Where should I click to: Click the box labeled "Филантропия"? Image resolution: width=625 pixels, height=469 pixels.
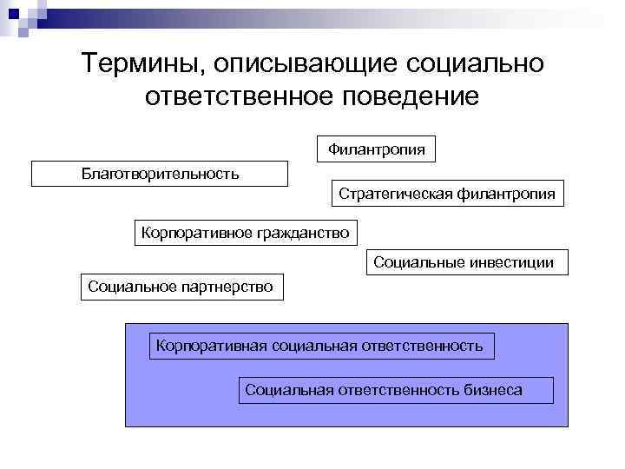point(377,149)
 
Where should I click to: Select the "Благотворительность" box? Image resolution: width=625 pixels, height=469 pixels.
point(160,174)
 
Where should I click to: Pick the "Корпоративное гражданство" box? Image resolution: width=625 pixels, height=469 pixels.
point(245,232)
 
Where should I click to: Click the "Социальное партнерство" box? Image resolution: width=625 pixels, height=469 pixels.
point(181,287)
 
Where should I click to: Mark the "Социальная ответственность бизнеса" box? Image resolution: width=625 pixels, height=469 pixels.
point(395,390)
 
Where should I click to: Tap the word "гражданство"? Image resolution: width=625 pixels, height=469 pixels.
point(303,232)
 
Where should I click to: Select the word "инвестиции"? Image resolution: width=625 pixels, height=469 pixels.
point(511,262)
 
